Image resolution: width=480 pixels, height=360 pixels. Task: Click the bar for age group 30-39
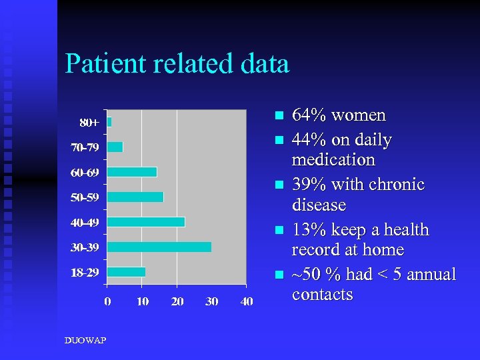tap(159, 247)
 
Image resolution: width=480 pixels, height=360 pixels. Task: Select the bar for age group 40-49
tap(146, 222)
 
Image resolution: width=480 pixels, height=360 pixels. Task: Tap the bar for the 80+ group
tap(109, 122)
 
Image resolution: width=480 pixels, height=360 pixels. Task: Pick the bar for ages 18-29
tap(126, 271)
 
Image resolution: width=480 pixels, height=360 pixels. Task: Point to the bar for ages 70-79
tap(115, 147)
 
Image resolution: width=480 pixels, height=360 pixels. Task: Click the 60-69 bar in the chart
tap(132, 172)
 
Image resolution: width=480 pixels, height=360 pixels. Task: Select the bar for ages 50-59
tap(135, 197)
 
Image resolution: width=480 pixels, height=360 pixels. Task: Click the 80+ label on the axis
tap(89, 123)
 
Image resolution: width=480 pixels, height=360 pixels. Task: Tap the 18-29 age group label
tap(85, 271)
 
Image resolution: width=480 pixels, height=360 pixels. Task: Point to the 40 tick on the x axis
tap(246, 301)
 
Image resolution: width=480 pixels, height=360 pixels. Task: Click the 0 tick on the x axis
tap(107, 301)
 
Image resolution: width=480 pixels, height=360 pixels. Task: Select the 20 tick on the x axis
tap(177, 301)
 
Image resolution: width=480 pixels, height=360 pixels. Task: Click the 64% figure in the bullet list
tap(309, 115)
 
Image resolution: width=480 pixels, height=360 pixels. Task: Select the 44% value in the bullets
tap(309, 141)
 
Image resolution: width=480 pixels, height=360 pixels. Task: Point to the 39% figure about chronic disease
tap(309, 185)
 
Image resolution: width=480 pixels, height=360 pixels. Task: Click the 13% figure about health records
tap(309, 230)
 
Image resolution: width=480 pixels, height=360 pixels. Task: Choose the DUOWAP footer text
tap(85, 341)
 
